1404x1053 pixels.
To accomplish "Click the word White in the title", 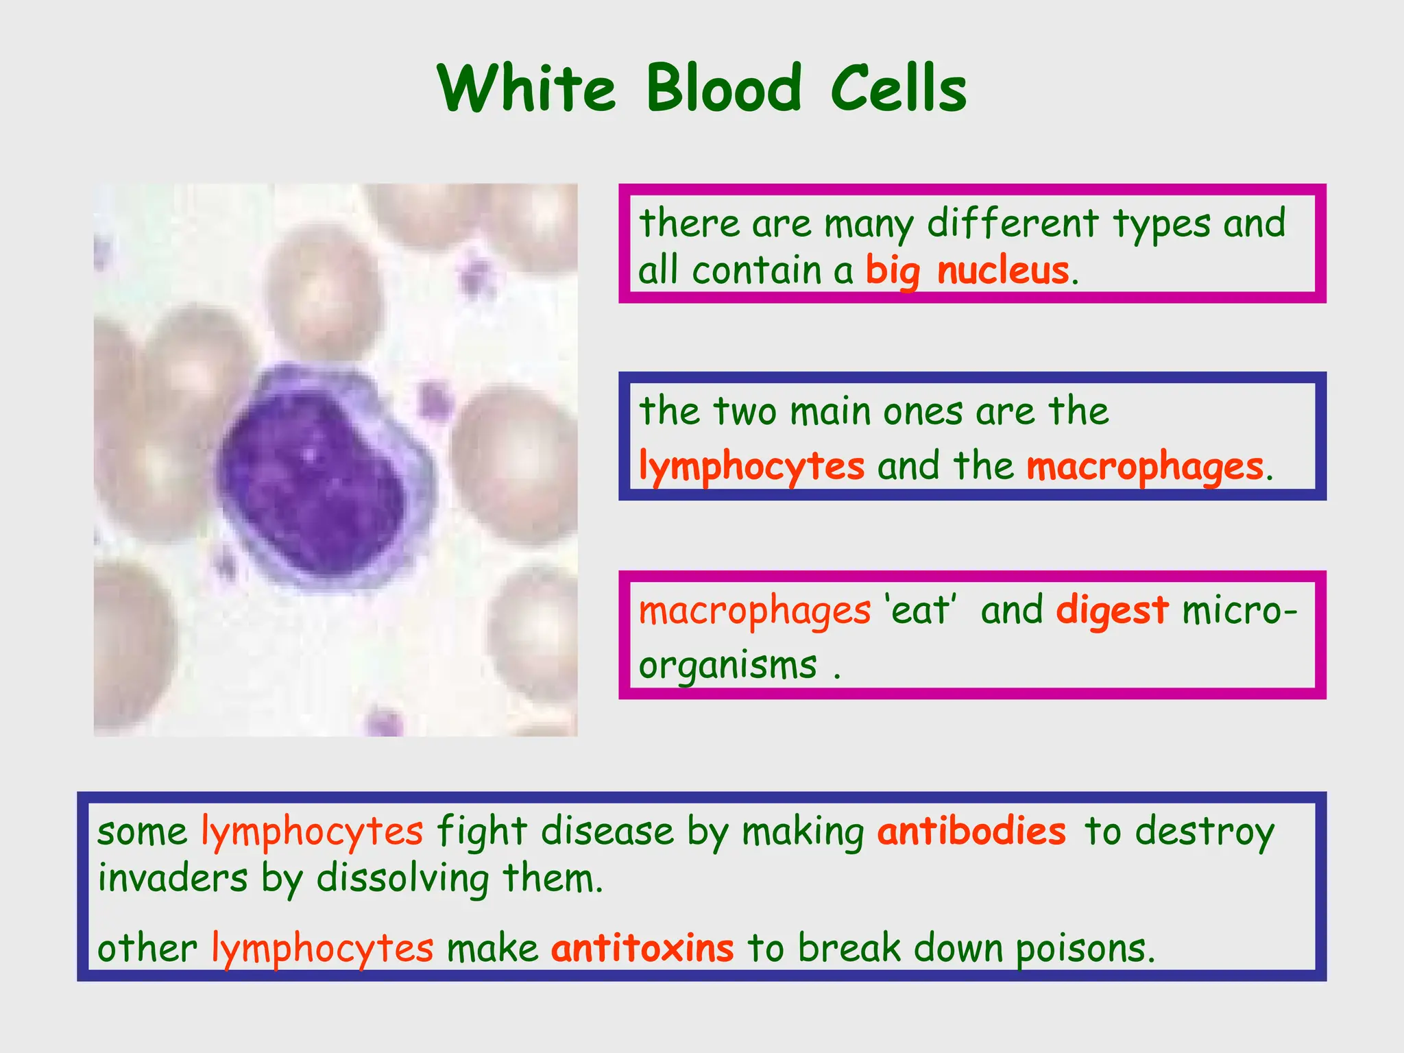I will [x=526, y=89].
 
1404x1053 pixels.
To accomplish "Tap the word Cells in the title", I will [x=898, y=89].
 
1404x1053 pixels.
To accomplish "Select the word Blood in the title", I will [x=723, y=89].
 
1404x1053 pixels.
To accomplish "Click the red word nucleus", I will [x=1002, y=270].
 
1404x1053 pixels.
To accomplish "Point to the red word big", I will [x=893, y=271].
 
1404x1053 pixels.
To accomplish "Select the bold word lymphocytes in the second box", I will [x=751, y=468].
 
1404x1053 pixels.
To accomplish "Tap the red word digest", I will [x=1111, y=610].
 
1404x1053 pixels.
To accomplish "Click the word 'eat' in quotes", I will [x=920, y=610].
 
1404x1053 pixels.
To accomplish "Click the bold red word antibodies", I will [x=971, y=832].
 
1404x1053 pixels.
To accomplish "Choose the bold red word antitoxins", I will [x=642, y=949].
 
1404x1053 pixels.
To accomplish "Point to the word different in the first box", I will [x=1013, y=223].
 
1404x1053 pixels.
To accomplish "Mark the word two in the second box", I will [x=745, y=412].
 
